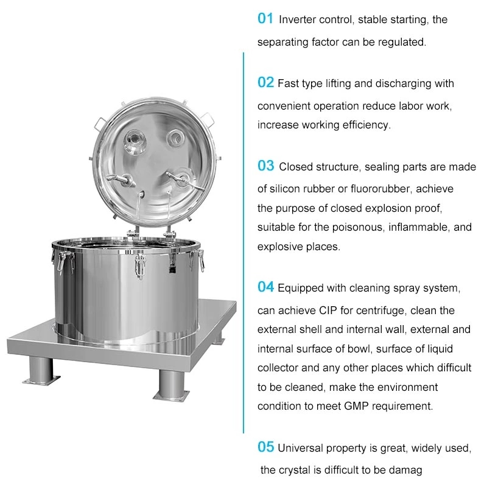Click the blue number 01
[265, 19]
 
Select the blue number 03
[266, 166]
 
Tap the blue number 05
[265, 447]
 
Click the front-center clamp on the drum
[141, 265]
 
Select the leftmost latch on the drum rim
[61, 262]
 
